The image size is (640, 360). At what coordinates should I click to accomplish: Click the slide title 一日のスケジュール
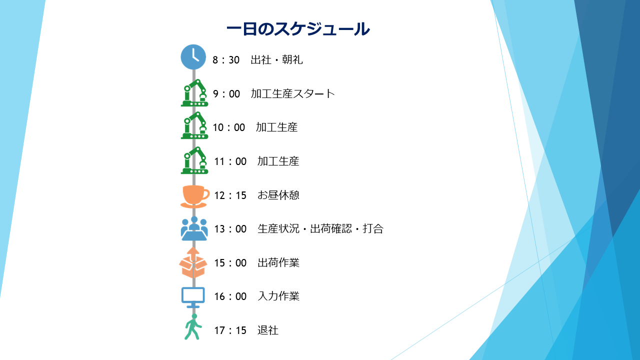pos(298,29)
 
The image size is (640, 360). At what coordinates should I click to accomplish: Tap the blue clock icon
pos(193,57)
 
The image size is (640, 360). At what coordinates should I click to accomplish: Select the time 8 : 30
pos(226,60)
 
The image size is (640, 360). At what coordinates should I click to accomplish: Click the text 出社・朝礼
pos(276,60)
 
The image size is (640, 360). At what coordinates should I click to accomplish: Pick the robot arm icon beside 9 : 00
pos(194,93)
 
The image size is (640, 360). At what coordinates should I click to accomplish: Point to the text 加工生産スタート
pos(292,93)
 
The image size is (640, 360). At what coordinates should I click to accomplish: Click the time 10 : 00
pos(229,127)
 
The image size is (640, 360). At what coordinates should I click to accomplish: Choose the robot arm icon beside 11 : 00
pos(194,160)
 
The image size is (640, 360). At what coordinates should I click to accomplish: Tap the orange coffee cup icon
pos(194,196)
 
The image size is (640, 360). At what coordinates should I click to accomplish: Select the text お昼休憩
pos(278,195)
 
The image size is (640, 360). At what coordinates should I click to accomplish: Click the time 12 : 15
pos(230,195)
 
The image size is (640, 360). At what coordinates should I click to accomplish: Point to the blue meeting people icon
pos(194,229)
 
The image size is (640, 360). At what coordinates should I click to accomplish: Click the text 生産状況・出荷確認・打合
pos(320,229)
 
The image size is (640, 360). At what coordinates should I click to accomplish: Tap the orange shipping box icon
pos(193,263)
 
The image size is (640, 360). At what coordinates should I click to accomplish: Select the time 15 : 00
pos(230,263)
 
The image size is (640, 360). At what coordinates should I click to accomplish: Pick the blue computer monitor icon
pos(193,297)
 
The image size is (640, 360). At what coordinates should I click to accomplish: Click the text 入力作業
pos(278,296)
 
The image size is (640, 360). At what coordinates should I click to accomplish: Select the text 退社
pos(268,330)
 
